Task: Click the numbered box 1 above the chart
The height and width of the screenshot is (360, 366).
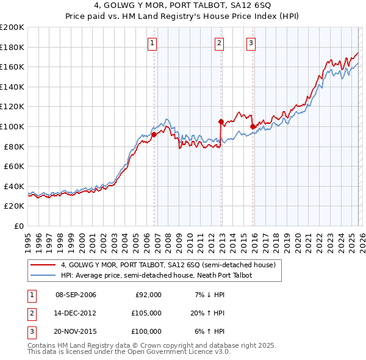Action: click(x=151, y=43)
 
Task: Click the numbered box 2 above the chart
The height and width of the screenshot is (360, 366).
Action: click(x=219, y=43)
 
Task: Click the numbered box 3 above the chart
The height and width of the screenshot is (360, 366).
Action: click(x=251, y=43)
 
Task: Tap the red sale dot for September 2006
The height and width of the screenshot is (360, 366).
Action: click(x=154, y=135)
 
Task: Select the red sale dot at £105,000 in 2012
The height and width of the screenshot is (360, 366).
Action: click(x=221, y=121)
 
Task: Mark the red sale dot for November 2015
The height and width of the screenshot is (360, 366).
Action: click(x=253, y=126)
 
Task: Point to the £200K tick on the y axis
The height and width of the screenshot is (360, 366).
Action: click(x=12, y=27)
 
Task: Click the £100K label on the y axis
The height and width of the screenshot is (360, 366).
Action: click(x=12, y=126)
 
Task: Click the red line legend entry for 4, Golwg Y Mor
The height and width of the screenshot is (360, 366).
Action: click(x=168, y=265)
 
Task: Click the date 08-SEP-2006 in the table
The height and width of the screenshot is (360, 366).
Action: click(x=76, y=295)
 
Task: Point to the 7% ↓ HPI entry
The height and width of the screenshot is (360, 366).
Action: click(x=209, y=295)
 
